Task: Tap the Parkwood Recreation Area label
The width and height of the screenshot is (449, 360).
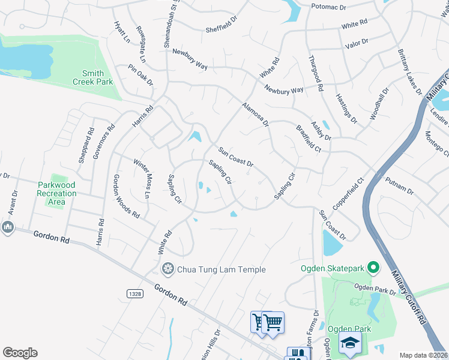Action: [56, 193]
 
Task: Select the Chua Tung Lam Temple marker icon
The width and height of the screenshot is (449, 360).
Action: [169, 269]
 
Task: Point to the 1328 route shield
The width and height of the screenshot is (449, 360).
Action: [135, 293]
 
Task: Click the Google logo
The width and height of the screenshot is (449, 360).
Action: [20, 353]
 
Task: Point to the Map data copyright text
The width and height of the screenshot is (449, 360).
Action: [423, 355]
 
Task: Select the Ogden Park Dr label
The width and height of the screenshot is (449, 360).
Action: [376, 290]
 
